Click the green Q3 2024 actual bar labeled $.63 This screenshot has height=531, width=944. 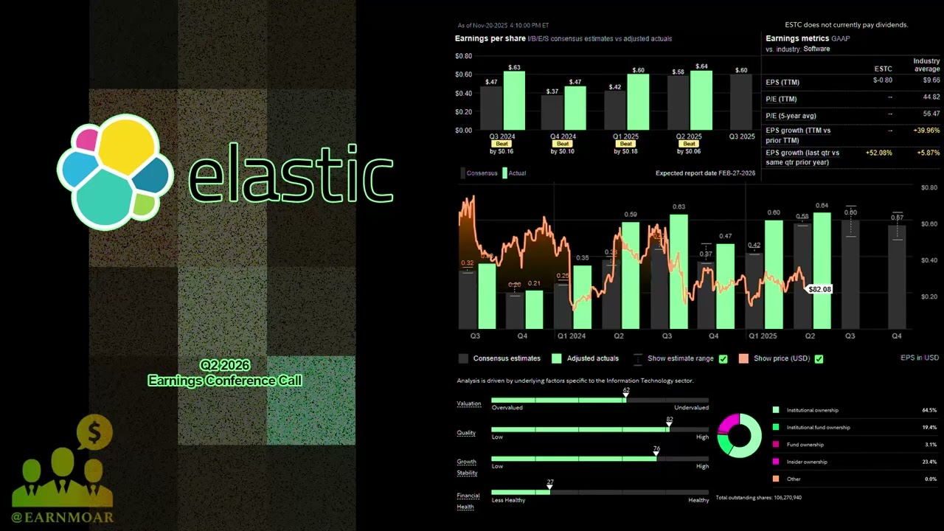[x=514, y=100]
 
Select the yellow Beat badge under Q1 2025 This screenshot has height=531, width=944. [x=627, y=144]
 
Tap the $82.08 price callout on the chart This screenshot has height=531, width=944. [x=820, y=289]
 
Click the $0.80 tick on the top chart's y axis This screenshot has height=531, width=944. [x=463, y=56]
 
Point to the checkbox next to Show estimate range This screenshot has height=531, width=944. [x=723, y=359]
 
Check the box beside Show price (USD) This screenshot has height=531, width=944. [x=819, y=359]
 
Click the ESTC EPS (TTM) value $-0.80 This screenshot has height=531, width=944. [x=882, y=80]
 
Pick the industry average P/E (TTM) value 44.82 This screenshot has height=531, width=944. [x=931, y=97]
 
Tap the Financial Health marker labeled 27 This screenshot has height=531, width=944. [x=550, y=488]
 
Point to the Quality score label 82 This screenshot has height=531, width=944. [x=670, y=420]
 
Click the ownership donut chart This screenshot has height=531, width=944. [x=740, y=435]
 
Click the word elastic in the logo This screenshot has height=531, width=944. [x=291, y=174]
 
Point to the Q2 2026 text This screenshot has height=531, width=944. [x=225, y=365]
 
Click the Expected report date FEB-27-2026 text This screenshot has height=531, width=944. [x=707, y=173]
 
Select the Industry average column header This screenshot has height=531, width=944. [x=926, y=65]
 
